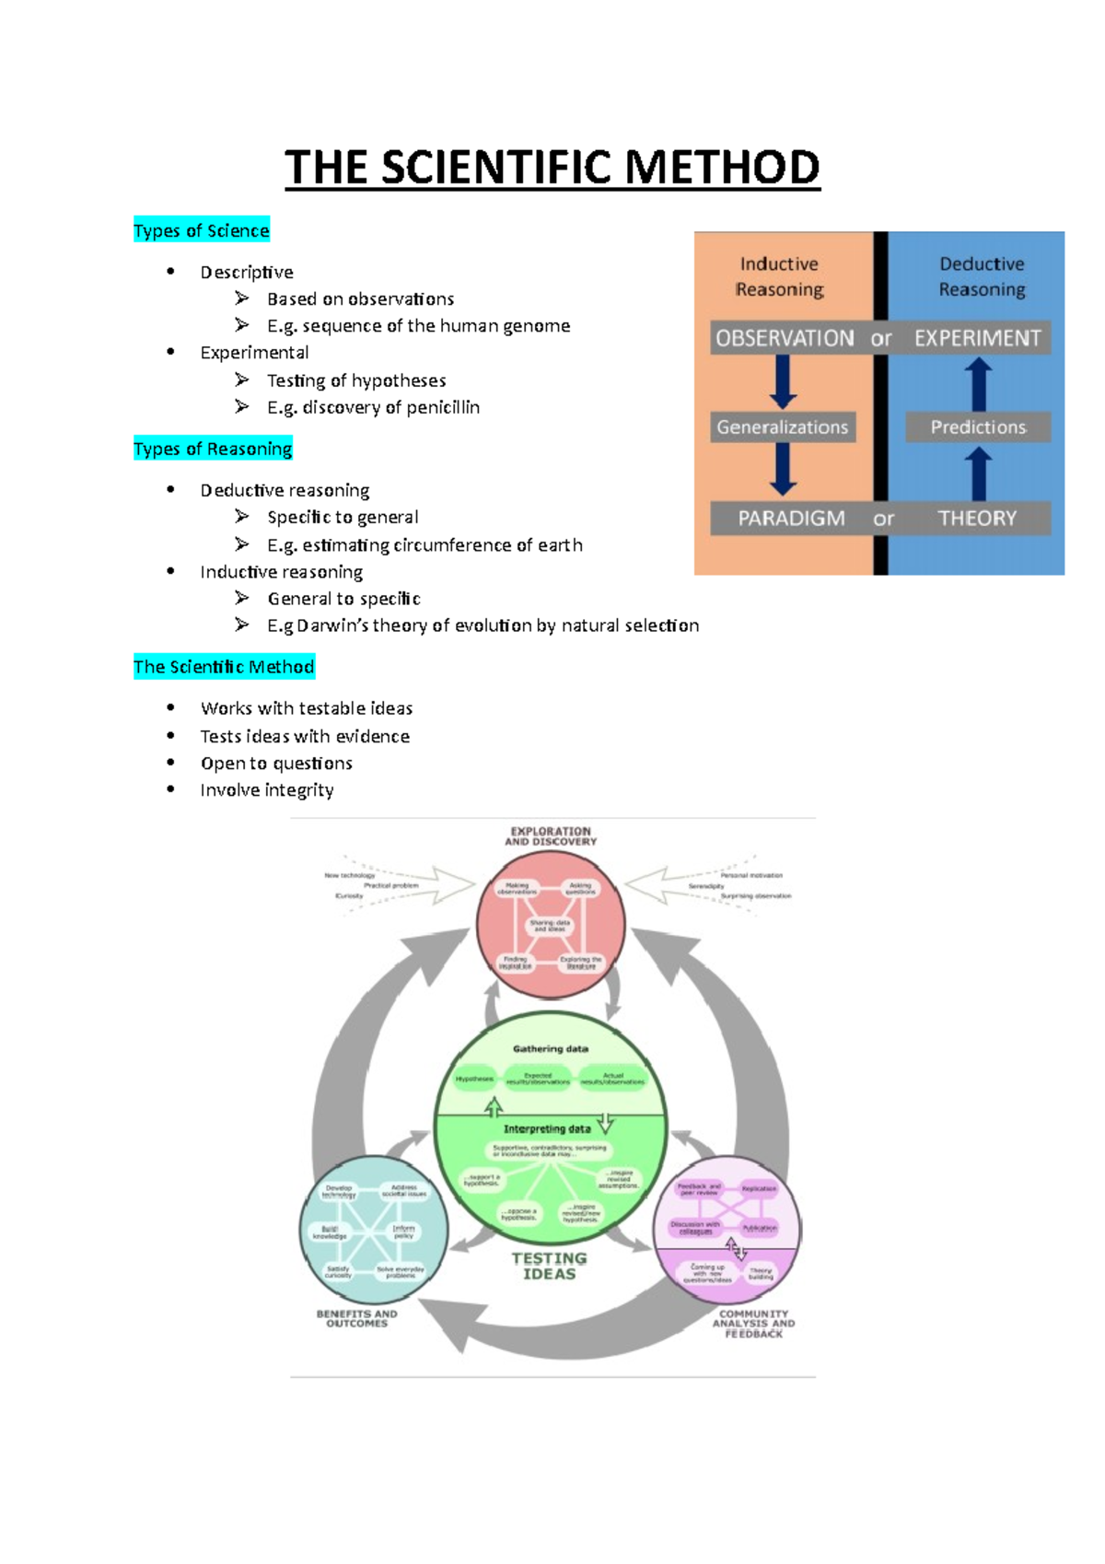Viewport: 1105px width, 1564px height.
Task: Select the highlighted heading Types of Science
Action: pyautogui.click(x=202, y=230)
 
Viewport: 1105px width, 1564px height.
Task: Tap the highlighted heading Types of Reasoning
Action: pyautogui.click(x=213, y=449)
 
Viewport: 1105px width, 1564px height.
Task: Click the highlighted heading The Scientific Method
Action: pyautogui.click(x=224, y=667)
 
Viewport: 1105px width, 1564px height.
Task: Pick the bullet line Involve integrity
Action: pyautogui.click(x=267, y=790)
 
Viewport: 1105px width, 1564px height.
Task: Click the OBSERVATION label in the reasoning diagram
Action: pyautogui.click(x=785, y=338)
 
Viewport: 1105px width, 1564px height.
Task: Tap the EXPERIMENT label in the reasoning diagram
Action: pyautogui.click(x=977, y=338)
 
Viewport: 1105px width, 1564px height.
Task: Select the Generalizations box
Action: pyautogui.click(x=783, y=427)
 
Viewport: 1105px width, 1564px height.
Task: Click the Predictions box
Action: pyautogui.click(x=978, y=427)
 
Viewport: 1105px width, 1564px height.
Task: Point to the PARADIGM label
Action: pyautogui.click(x=791, y=519)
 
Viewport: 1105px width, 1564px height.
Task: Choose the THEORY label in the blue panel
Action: pyautogui.click(x=977, y=519)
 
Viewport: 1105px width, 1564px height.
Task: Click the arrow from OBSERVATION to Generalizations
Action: pyautogui.click(x=784, y=381)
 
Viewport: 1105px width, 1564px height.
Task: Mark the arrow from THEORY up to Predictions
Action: pyautogui.click(x=978, y=473)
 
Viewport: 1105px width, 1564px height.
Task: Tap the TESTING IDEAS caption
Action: pyautogui.click(x=550, y=1266)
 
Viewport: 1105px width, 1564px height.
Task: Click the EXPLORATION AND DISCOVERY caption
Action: pyautogui.click(x=551, y=836)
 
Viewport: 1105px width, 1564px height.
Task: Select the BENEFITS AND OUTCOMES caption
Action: pyautogui.click(x=357, y=1319)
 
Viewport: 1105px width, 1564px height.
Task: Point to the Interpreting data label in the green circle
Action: pyautogui.click(x=547, y=1129)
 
